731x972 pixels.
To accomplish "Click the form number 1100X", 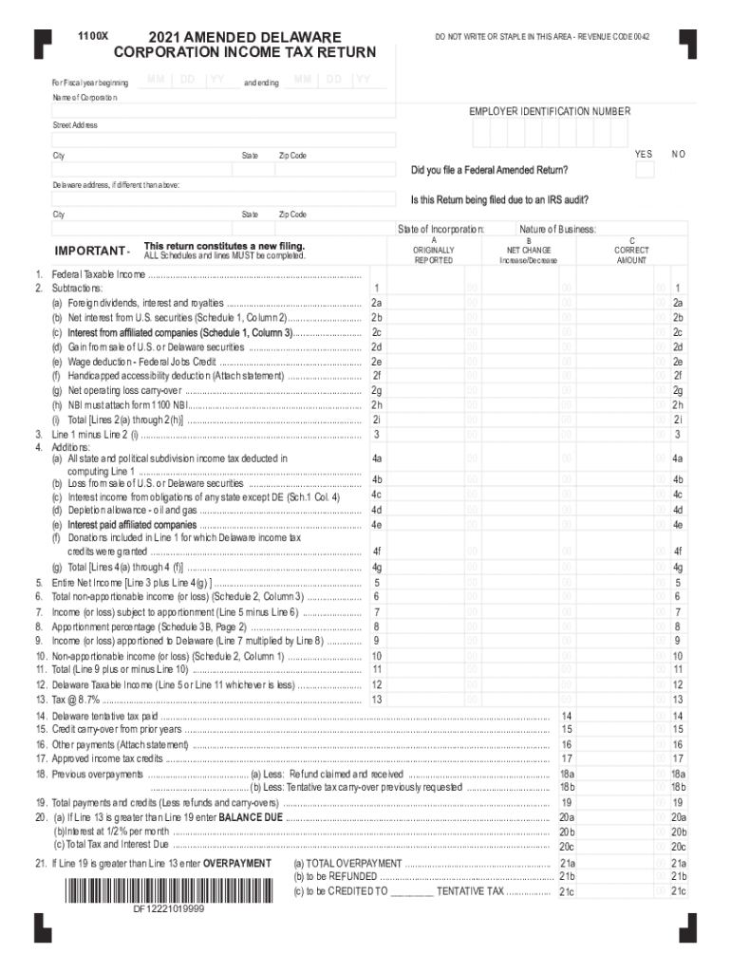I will tap(92, 36).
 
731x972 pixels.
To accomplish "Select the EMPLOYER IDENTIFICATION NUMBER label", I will tap(549, 111).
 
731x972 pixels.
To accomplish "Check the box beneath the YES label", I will tap(644, 170).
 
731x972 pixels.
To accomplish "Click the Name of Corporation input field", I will tap(222, 111).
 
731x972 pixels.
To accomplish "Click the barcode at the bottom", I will tap(167, 890).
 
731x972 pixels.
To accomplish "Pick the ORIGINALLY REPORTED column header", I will tap(433, 251).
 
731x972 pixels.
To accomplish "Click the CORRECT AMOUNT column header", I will tap(631, 251).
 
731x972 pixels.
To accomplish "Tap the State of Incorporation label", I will tap(440, 229).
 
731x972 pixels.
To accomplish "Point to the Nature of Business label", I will tap(557, 229).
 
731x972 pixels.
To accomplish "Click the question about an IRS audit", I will tap(499, 200).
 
